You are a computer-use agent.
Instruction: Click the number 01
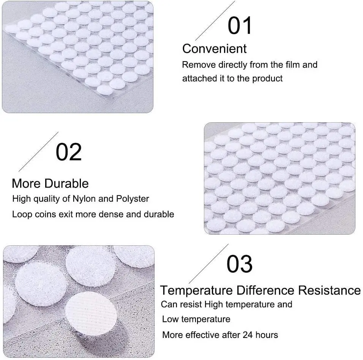click(240, 25)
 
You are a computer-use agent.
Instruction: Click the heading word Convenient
click(215, 49)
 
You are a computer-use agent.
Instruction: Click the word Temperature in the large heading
click(196, 291)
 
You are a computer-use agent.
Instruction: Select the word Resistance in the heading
click(329, 291)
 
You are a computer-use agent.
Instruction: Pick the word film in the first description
click(292, 65)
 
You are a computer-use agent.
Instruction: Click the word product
click(268, 79)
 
